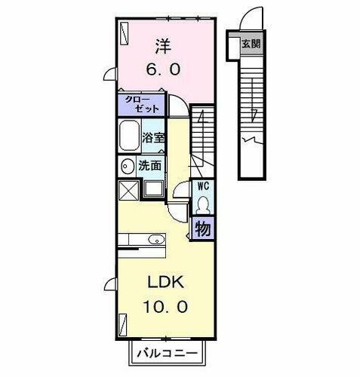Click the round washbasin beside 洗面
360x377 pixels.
(125, 165)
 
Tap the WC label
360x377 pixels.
(202, 185)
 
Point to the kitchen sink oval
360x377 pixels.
(155, 241)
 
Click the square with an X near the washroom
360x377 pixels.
(128, 189)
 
